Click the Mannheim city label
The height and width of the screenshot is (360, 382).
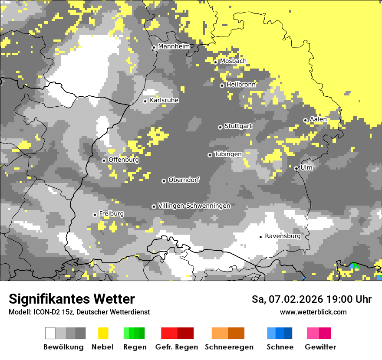[x=174, y=46]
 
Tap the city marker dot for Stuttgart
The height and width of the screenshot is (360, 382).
[x=220, y=127]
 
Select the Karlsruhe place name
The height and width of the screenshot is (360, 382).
[x=164, y=100]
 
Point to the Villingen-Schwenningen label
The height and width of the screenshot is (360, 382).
[x=194, y=206]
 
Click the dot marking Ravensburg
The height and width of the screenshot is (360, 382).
[x=261, y=237]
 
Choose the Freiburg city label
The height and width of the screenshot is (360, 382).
[x=111, y=213]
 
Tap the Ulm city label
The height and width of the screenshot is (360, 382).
[x=306, y=167]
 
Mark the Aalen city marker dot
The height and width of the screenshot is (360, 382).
[x=305, y=120]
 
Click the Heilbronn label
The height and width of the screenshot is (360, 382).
[x=241, y=85]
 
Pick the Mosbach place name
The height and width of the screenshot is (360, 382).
[x=233, y=61]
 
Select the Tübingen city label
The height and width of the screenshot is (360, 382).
[x=228, y=154]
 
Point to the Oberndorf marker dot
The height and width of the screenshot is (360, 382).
[x=164, y=181]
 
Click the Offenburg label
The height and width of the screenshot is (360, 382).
[x=124, y=160]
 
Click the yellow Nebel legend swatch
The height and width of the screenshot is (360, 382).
[x=103, y=333]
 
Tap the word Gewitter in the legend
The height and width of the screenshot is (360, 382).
[x=320, y=347]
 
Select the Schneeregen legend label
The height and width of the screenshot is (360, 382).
[x=229, y=347]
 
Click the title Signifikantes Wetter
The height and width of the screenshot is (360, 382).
[x=72, y=299]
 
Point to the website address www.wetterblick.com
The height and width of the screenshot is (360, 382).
[x=313, y=312]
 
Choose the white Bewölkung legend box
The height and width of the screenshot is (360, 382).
[x=50, y=333]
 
